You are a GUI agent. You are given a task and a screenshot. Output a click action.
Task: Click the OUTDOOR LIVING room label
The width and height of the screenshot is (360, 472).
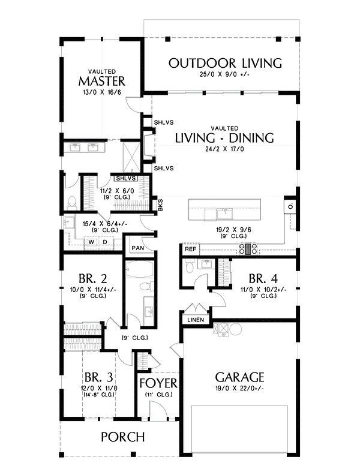click(225, 63)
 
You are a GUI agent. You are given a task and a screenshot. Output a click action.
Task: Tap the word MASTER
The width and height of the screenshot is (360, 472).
click(102, 81)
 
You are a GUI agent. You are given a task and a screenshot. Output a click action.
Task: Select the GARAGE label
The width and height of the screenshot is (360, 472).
click(240, 377)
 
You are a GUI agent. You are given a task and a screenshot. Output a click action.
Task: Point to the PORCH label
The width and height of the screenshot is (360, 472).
click(123, 437)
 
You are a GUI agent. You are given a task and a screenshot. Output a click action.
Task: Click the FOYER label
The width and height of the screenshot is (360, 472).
click(158, 383)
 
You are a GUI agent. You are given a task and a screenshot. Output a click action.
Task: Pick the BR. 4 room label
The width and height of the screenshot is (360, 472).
click(263, 279)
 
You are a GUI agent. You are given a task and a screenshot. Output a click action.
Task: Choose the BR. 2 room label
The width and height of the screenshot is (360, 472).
click(93, 279)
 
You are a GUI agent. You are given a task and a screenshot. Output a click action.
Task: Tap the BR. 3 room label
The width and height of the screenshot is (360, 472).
click(99, 377)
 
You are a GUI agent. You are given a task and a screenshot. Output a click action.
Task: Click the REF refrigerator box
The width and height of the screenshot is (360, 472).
click(190, 249)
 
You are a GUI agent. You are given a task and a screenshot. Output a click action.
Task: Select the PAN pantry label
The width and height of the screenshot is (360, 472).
click(138, 248)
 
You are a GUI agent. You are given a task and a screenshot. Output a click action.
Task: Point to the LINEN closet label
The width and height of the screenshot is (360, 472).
click(196, 320)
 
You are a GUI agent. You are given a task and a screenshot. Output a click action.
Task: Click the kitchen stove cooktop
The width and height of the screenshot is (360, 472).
click(248, 249)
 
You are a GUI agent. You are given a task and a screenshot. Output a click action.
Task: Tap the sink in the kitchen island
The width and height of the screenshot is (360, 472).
click(224, 214)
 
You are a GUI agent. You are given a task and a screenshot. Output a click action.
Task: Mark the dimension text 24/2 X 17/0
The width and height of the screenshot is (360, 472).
click(224, 149)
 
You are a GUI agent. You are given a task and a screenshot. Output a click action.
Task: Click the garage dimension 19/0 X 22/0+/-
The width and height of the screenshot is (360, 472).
click(240, 388)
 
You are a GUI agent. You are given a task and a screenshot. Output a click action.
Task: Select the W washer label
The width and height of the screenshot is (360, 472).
click(92, 242)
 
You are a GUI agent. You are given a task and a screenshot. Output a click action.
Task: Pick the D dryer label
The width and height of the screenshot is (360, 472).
click(105, 242)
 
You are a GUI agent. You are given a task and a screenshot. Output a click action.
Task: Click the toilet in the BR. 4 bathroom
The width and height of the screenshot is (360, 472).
click(190, 267)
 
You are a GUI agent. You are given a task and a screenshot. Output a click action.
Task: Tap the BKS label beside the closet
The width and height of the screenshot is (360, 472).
click(160, 205)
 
